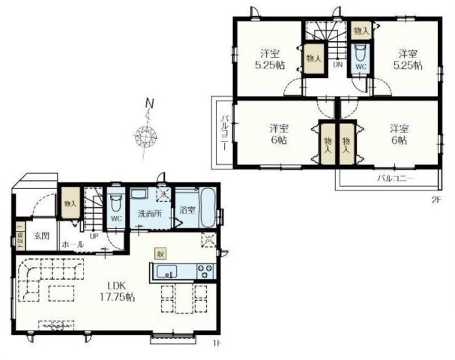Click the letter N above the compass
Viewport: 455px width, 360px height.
point(150,103)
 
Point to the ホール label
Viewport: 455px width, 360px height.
point(72,244)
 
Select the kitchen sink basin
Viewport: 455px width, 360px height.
point(166,271)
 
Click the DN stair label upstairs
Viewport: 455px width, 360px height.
point(338,64)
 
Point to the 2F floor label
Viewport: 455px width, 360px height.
point(435,198)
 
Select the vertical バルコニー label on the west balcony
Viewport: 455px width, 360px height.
point(223,130)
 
